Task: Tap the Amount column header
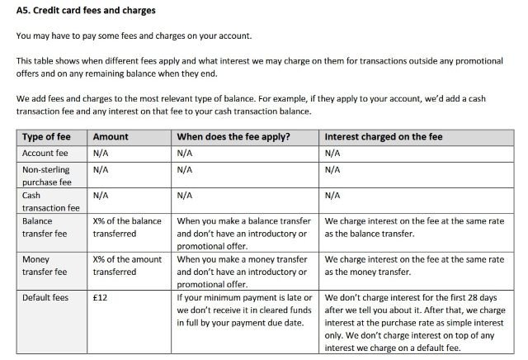pyautogui.click(x=111, y=136)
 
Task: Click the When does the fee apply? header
pyautogui.click(x=235, y=136)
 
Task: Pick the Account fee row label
pyautogui.click(x=45, y=153)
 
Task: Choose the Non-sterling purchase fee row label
pyautogui.click(x=47, y=175)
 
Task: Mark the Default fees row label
pyautogui.click(x=45, y=297)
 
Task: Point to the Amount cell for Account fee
pyautogui.click(x=101, y=153)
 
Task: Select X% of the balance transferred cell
pyautogui.click(x=127, y=227)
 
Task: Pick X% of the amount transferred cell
pyautogui.click(x=127, y=265)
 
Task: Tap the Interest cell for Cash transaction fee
pyautogui.click(x=332, y=196)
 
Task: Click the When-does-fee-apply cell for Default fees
pyautogui.click(x=245, y=310)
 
